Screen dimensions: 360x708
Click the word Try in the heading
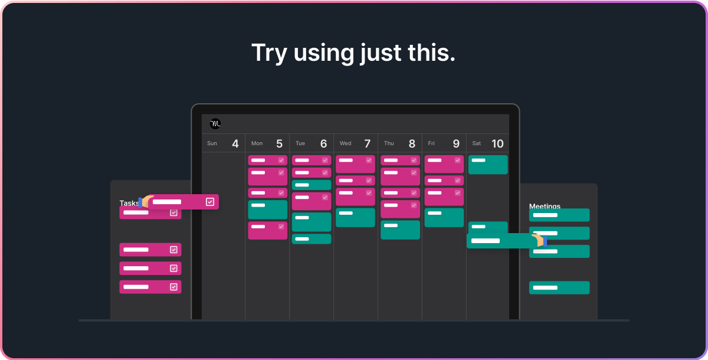[268, 53]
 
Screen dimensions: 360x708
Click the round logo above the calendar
[215, 124]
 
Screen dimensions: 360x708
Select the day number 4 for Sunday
[235, 143]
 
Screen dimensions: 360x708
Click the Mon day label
[257, 143]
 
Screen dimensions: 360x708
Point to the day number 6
[323, 143]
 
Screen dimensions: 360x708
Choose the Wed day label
[345, 143]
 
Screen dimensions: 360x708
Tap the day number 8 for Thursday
[412, 143]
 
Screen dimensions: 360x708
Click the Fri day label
[431, 143]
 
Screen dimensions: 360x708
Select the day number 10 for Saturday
[497, 143]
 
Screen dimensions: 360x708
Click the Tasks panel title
[129, 203]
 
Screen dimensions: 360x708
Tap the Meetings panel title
[545, 206]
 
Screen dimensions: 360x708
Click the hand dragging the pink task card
[146, 201]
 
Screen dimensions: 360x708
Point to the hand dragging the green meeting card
[539, 240]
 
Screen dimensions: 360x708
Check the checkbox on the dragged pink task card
[210, 202]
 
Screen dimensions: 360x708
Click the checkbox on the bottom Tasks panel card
[173, 287]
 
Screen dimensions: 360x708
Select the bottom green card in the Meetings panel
[559, 287]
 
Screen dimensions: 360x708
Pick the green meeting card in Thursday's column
[400, 230]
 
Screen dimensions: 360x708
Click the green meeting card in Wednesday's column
[355, 217]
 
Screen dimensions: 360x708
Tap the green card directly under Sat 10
[488, 165]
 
